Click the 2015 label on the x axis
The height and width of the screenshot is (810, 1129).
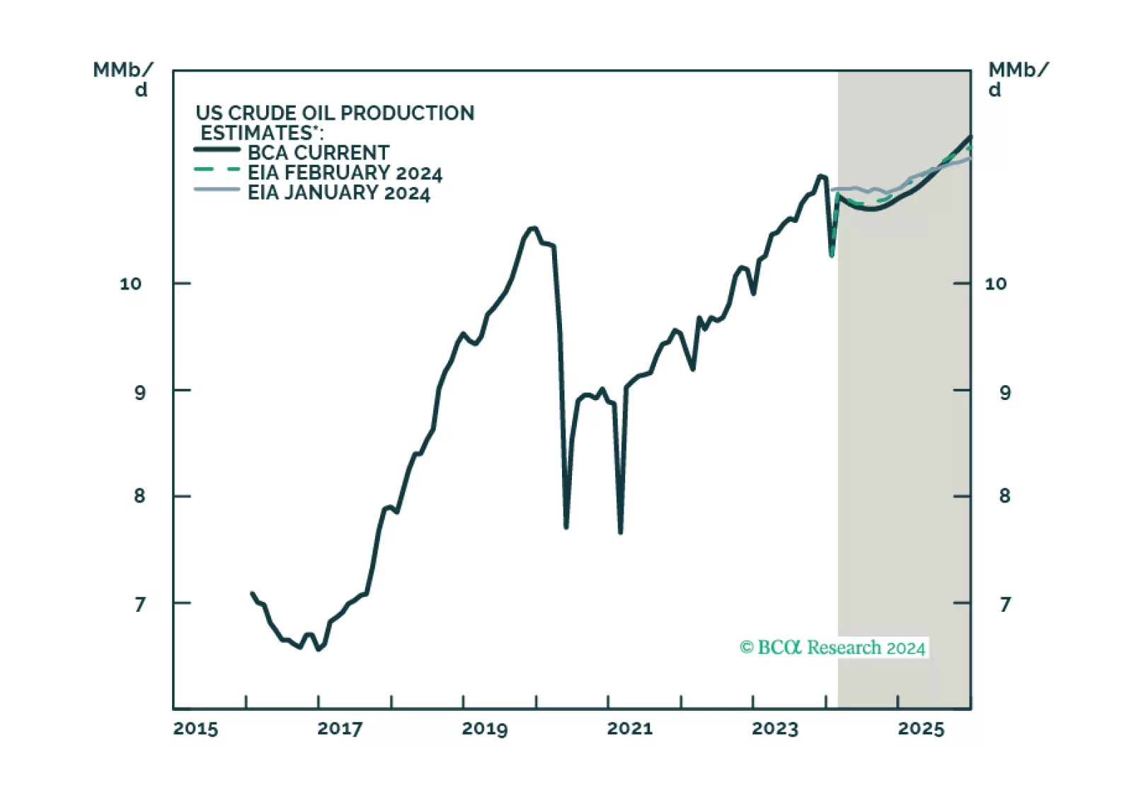click(x=195, y=729)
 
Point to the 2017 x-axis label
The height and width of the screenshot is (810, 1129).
click(x=340, y=729)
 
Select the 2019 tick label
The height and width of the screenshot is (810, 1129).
click(x=485, y=729)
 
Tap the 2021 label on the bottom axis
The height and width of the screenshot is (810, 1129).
click(x=630, y=729)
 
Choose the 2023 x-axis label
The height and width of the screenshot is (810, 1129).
click(x=775, y=729)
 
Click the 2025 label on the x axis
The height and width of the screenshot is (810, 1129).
click(x=921, y=729)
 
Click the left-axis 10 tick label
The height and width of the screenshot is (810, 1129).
click(x=130, y=284)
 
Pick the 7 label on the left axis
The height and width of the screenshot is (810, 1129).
click(x=139, y=604)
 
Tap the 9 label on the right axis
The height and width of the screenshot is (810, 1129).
click(x=1004, y=392)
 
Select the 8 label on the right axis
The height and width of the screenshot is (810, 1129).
click(x=1004, y=496)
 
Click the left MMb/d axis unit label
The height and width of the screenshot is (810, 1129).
click(x=123, y=79)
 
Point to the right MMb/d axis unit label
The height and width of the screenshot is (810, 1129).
click(x=1018, y=79)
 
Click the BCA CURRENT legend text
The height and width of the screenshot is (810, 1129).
click(x=318, y=153)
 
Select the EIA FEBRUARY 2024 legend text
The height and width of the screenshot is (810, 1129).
click(x=345, y=173)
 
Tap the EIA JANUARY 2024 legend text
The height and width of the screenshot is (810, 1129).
click(x=338, y=193)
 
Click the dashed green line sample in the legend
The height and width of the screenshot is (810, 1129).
click(x=217, y=170)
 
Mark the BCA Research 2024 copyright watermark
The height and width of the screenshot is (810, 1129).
click(x=832, y=647)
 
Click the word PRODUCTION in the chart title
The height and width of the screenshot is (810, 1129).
click(x=407, y=113)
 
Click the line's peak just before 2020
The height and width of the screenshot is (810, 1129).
click(x=534, y=228)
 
